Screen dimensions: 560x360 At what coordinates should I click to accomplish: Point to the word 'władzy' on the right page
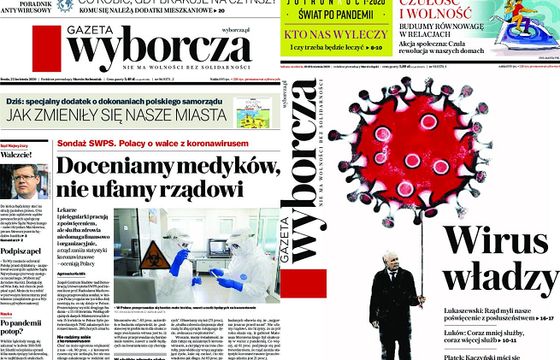[x=497, y=274]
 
